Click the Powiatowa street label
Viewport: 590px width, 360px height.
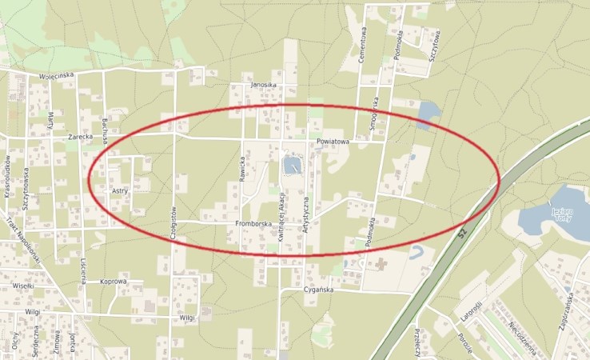pyautogui.click(x=333, y=142)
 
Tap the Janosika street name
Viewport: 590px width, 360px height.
pyautogui.click(x=263, y=85)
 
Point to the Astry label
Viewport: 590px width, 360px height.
pyautogui.click(x=120, y=191)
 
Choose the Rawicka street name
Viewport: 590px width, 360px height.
pyautogui.click(x=241, y=170)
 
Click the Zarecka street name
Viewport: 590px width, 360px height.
pyautogui.click(x=81, y=137)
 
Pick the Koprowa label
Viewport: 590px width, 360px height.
pyautogui.click(x=114, y=282)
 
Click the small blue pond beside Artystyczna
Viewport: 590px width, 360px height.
pyautogui.click(x=291, y=166)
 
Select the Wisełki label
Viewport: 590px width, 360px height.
pyautogui.click(x=22, y=286)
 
